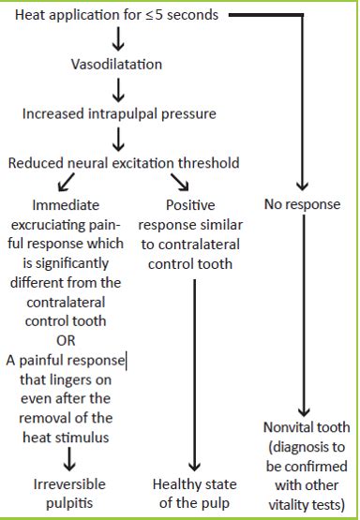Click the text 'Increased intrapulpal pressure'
pos(118,114)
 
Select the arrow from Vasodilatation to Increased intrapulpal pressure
pos(119,89)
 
